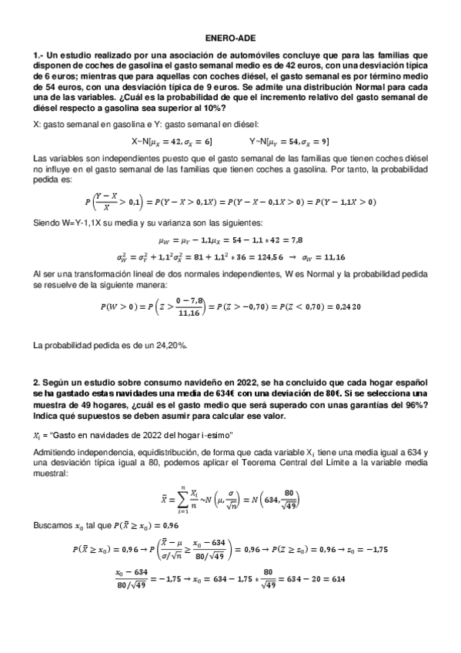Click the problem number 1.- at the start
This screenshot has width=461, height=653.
click(39, 55)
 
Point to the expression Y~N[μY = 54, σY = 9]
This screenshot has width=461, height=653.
click(290, 142)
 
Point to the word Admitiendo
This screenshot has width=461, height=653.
click(58, 450)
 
